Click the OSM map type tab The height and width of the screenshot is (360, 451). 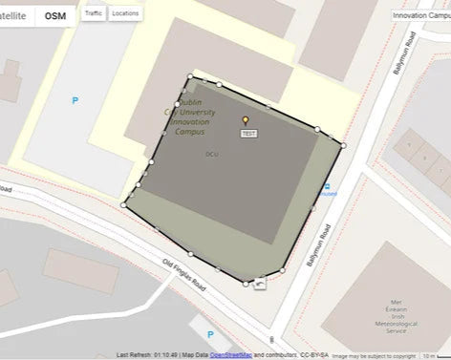(x=55, y=16)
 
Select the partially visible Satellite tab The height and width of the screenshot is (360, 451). (x=14, y=16)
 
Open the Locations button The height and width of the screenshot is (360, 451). (x=125, y=14)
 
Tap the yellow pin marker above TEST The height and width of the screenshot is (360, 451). (x=246, y=121)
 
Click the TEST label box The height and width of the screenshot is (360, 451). (x=248, y=134)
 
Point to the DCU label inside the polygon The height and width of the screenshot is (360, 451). (x=212, y=154)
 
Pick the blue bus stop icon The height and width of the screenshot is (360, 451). (x=327, y=186)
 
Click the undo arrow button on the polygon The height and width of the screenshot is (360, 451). (x=260, y=282)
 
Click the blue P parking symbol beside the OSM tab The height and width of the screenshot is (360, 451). (x=75, y=98)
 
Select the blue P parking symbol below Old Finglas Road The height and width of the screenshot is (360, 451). (x=209, y=334)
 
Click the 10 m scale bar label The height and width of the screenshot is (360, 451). (x=428, y=354)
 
